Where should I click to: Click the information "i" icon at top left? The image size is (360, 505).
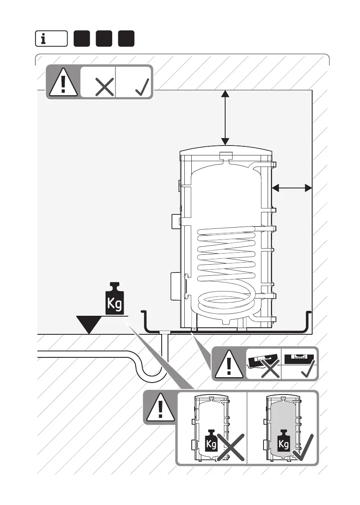(x=51, y=40)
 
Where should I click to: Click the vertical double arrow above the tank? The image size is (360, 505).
(x=225, y=117)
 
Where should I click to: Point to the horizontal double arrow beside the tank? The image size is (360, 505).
(x=292, y=188)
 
